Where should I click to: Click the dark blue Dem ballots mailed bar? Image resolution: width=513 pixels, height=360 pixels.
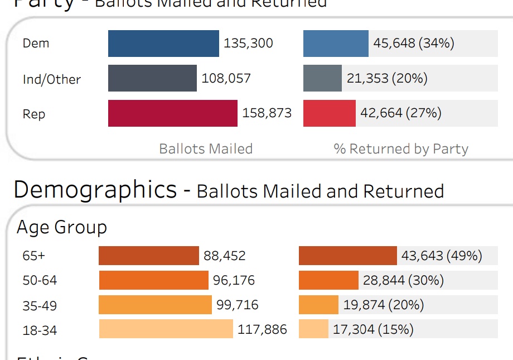tap(163, 44)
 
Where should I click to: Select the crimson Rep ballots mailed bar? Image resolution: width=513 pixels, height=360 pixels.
tap(173, 113)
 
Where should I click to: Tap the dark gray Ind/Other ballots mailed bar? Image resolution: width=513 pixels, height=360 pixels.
tap(152, 78)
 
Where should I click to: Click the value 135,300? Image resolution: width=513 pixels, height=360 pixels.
tap(248, 44)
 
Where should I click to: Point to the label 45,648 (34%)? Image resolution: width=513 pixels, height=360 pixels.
tap(413, 44)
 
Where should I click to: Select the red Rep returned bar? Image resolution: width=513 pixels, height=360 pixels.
tap(329, 113)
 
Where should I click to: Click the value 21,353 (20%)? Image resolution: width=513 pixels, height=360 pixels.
tap(387, 79)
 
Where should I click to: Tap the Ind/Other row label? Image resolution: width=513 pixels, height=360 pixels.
tap(51, 79)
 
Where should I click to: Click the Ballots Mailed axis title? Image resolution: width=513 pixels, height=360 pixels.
tap(206, 149)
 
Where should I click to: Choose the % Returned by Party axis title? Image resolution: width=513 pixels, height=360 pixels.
tap(400, 149)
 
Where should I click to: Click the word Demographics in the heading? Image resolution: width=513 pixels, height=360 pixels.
tap(95, 190)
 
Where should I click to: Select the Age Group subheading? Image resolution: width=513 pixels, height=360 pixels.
tap(62, 227)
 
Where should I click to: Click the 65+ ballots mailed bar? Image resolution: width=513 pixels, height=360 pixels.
tap(148, 256)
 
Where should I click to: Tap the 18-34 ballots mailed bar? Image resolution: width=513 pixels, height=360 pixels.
tap(166, 329)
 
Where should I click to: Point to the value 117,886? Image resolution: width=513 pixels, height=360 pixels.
tap(262, 330)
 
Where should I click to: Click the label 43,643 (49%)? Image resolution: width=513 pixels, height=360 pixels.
tap(441, 256)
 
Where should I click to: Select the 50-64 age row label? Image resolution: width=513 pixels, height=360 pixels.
tap(40, 280)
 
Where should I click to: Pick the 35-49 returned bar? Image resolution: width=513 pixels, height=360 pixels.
tap(318, 305)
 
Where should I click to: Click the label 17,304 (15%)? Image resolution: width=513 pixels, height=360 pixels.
tap(373, 330)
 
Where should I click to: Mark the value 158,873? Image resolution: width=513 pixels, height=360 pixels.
tap(267, 113)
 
